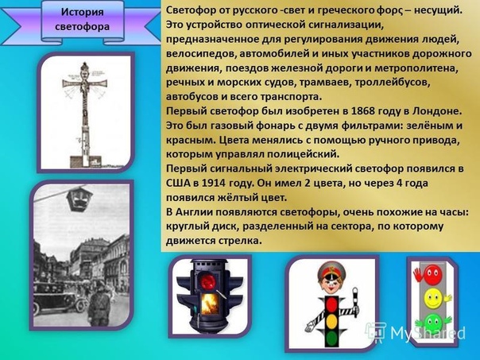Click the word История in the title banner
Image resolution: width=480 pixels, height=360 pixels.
coord(83,12)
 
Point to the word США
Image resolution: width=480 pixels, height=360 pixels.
coord(177,183)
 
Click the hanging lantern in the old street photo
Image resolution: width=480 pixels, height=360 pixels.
coord(79,199)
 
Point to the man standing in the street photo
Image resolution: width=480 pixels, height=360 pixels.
coord(99,303)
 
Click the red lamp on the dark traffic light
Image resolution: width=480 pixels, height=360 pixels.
coord(208,281)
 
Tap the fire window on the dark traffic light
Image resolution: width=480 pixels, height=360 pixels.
coord(210,304)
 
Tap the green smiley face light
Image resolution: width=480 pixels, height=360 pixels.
coord(432,322)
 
